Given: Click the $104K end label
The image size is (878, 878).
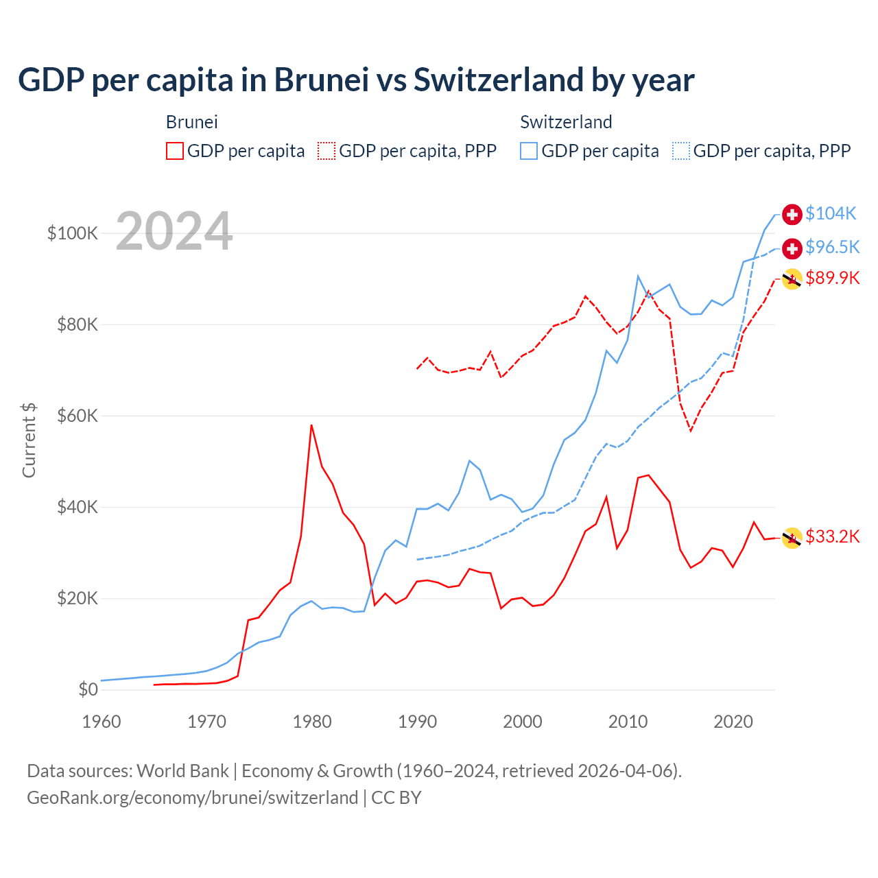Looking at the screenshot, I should (x=831, y=213).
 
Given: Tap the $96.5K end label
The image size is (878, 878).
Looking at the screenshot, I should (x=832, y=247).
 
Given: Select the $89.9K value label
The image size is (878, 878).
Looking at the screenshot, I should (x=832, y=278).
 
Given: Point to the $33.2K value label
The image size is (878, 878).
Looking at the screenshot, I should (x=832, y=536).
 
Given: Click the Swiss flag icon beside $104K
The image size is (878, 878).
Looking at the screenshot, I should (x=792, y=214).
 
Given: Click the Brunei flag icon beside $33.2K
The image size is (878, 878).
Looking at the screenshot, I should (x=792, y=538).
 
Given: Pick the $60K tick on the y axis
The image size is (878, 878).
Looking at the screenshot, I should (x=78, y=416).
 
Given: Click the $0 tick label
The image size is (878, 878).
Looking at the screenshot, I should (x=88, y=689).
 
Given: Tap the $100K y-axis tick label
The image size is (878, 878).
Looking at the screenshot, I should (x=73, y=233).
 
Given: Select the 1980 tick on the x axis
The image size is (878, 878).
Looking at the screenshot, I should (x=312, y=722).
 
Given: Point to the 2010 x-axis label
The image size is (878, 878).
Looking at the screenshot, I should (x=628, y=722).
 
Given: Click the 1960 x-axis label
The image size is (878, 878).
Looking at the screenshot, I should (x=102, y=722).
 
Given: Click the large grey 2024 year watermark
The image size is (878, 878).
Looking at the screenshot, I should (x=174, y=231).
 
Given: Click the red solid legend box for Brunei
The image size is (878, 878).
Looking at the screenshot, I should (x=175, y=151).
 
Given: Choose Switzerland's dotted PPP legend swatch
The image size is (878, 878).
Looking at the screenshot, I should (x=681, y=151).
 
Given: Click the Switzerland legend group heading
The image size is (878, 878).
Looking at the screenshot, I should (x=566, y=122).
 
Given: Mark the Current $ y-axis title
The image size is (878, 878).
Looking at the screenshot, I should (x=29, y=440).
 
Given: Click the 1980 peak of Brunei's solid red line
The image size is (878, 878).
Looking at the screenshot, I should (x=311, y=425).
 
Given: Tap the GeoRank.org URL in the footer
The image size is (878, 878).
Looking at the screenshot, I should (x=192, y=798).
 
